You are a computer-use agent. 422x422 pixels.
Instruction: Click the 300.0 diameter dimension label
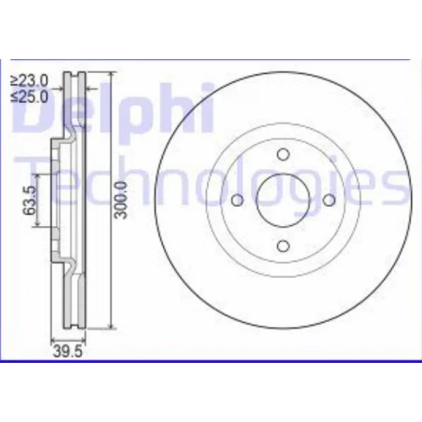(x=120, y=200)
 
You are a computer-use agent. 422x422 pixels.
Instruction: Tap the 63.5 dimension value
(x=30, y=200)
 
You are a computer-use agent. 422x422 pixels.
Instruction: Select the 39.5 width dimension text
(x=68, y=351)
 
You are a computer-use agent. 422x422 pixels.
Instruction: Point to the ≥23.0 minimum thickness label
(x=29, y=81)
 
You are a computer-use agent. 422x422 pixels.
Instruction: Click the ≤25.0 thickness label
(x=29, y=96)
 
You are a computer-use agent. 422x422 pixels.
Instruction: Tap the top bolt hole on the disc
(x=283, y=154)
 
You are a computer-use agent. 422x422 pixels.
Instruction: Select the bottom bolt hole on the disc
(x=283, y=246)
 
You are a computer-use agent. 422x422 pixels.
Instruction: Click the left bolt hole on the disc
(x=238, y=200)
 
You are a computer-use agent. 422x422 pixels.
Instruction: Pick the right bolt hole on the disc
(x=329, y=200)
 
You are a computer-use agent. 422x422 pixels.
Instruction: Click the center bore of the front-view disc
(x=283, y=200)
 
